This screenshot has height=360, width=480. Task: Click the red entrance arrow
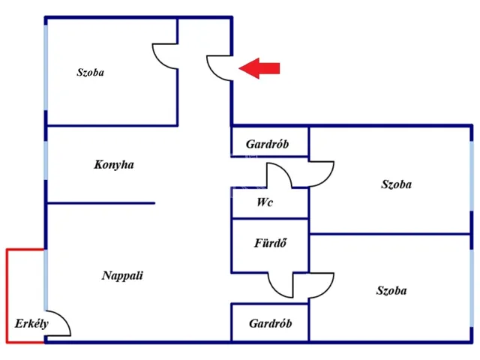point(259,68)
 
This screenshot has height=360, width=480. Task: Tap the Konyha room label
point(114,165)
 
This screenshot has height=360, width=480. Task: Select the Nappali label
point(122,275)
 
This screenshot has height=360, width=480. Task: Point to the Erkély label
point(31,324)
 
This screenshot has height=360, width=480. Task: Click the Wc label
point(265,202)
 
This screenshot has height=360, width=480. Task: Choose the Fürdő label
point(271,243)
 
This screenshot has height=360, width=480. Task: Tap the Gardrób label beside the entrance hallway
point(267,144)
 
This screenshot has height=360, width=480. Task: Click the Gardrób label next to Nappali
point(270,323)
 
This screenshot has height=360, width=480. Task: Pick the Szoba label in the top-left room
point(90,73)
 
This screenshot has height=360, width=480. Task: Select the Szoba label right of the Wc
point(397,184)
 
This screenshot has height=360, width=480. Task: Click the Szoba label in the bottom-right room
point(391,290)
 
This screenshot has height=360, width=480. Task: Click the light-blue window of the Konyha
point(46,160)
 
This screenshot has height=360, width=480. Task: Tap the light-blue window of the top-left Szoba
point(46,67)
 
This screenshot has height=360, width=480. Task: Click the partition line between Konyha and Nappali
point(101,203)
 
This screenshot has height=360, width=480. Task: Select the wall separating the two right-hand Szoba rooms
point(389,234)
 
